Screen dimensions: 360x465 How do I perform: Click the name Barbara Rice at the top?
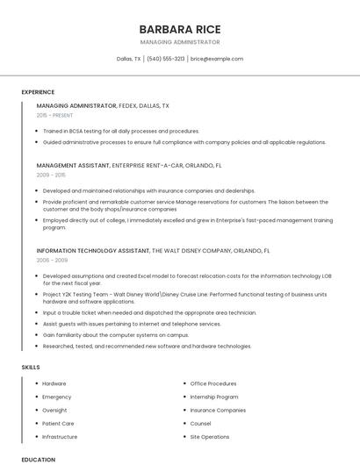tap(179, 28)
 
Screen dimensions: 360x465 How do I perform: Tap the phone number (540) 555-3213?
tap(166, 59)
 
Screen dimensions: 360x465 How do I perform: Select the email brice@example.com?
tap(217, 59)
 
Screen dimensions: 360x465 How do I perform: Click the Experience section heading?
tap(38, 92)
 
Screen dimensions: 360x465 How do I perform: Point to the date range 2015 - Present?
tap(54, 115)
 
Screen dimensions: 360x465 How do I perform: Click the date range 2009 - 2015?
tap(51, 175)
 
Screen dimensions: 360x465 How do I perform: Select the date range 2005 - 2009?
tap(51, 260)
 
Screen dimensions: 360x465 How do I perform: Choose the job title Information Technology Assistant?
tap(93, 250)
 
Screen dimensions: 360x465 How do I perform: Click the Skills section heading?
tap(31, 367)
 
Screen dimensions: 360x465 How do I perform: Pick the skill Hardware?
tap(54, 383)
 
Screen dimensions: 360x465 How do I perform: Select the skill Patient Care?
tap(58, 423)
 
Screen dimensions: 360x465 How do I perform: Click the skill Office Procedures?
tap(213, 383)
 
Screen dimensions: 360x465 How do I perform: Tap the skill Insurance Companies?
tap(218, 410)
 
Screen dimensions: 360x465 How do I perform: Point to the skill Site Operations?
tap(210, 436)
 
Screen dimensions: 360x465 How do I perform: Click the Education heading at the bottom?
tap(38, 459)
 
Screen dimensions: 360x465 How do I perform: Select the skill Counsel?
tap(200, 423)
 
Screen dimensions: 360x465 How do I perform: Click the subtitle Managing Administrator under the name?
tap(179, 42)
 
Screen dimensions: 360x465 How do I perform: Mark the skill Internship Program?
tap(214, 397)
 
